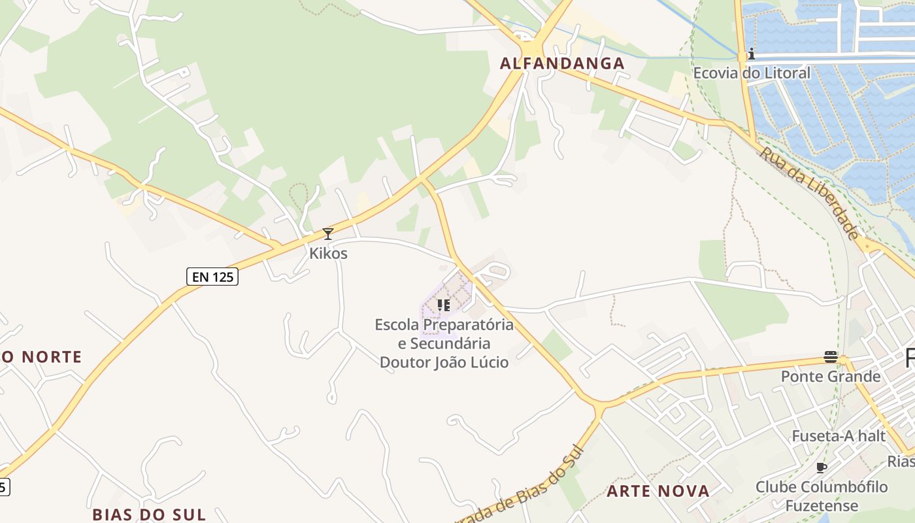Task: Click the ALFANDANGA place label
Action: [x=562, y=63]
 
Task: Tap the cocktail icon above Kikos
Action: [x=328, y=234]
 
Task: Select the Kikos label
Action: [x=328, y=253]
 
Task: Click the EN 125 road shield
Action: [x=212, y=277]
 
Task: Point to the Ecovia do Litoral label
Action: [x=752, y=73]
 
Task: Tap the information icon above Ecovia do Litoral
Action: [x=752, y=54]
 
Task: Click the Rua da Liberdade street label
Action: [x=810, y=194]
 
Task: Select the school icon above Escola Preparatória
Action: [x=444, y=305]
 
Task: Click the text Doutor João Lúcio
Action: [x=444, y=362]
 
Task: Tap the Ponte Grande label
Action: [x=831, y=377]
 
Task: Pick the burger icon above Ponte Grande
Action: [x=831, y=357]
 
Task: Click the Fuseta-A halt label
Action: [x=839, y=436]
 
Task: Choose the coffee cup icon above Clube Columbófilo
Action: [x=822, y=467]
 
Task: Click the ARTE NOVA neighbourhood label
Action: [x=657, y=491]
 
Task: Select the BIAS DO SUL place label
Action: [x=149, y=514]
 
